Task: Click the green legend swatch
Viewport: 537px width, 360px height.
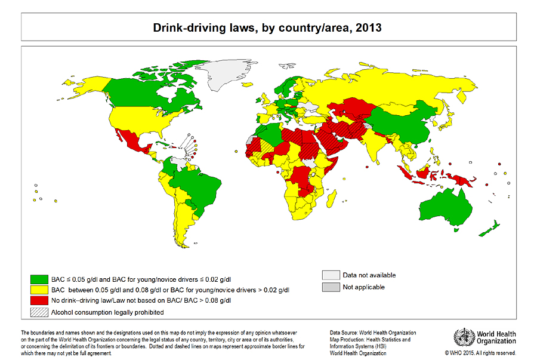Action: pyautogui.click(x=39, y=279)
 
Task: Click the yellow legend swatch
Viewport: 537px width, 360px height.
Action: pyautogui.click(x=39, y=290)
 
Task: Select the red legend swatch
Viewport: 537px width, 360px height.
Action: pyautogui.click(x=39, y=301)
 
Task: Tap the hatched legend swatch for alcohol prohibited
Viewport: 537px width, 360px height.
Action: pyautogui.click(x=39, y=312)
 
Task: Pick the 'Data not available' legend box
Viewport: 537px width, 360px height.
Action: pyautogui.click(x=330, y=275)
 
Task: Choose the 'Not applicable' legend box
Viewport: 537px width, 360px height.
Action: pyautogui.click(x=330, y=287)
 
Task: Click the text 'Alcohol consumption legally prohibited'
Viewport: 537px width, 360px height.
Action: pyautogui.click(x=107, y=312)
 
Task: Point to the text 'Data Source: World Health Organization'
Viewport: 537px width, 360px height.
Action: pyautogui.click(x=373, y=333)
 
